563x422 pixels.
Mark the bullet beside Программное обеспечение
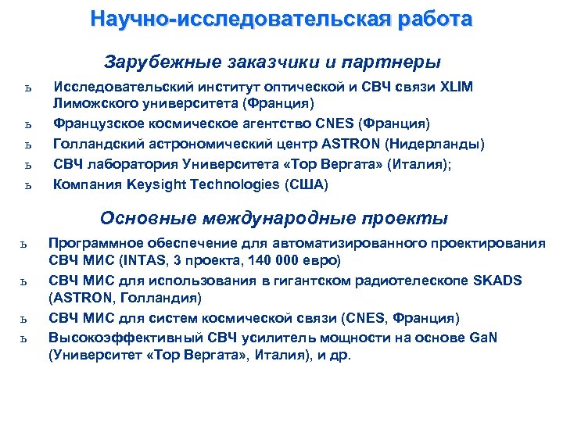26,244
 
